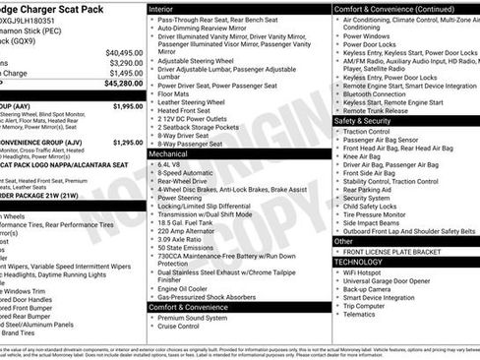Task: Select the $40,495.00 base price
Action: (x=124, y=51)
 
